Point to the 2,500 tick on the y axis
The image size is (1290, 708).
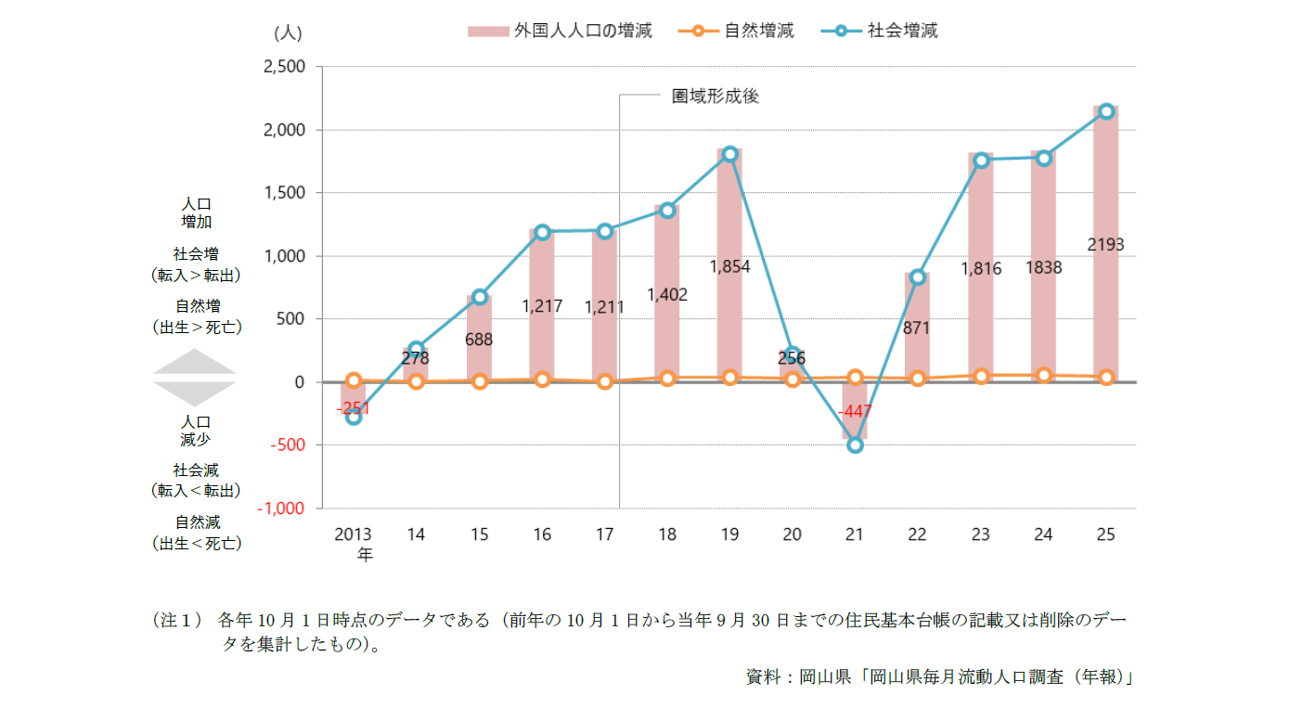click(x=284, y=67)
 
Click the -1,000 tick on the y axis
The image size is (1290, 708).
click(x=280, y=508)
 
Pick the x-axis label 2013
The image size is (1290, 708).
click(x=353, y=534)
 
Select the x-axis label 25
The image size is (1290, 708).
click(x=1105, y=534)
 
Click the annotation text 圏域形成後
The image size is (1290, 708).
click(x=716, y=96)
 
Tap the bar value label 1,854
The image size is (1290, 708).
click(x=729, y=267)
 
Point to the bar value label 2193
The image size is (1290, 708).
click(x=1105, y=245)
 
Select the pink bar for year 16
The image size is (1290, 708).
click(x=542, y=305)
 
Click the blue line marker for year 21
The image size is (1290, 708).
click(x=855, y=445)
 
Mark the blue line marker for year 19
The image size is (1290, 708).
click(x=729, y=154)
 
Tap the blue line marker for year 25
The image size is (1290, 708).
click(x=1105, y=111)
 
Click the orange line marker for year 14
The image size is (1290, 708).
click(x=416, y=381)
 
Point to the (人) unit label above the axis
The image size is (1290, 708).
click(x=288, y=32)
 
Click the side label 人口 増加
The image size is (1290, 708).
click(x=196, y=212)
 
